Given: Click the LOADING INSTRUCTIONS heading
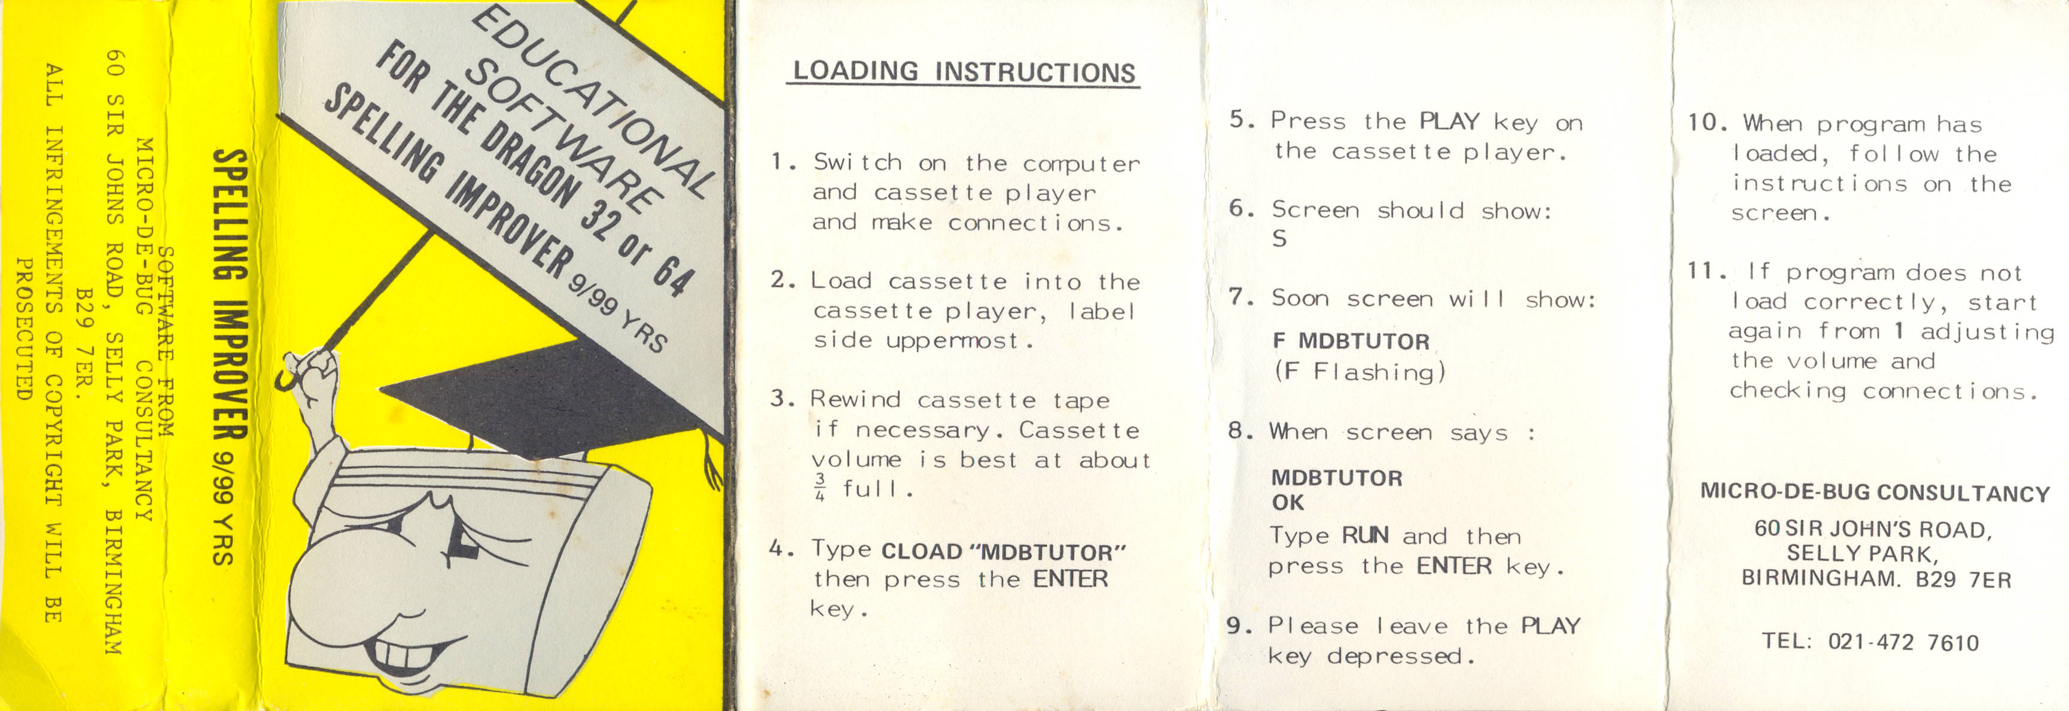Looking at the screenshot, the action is tap(964, 71).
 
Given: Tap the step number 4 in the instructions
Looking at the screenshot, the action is tap(776, 549).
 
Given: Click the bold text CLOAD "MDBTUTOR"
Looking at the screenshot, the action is tap(1003, 552).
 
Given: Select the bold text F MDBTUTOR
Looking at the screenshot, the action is tap(1351, 342).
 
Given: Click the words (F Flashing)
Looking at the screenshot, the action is tap(1360, 372).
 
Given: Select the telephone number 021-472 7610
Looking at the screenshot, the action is tap(1903, 643).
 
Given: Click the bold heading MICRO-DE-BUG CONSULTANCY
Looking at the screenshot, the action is tap(1875, 493).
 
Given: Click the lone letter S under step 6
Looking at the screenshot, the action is tap(1279, 239).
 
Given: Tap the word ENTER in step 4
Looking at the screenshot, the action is tap(1070, 579).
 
